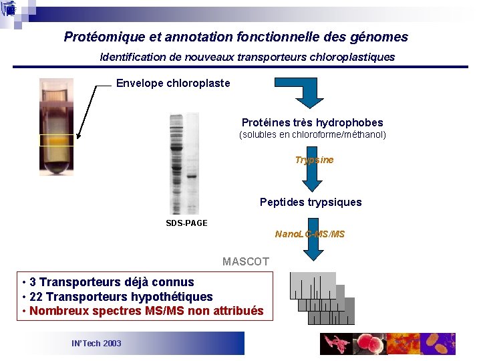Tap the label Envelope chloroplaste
tap(173, 84)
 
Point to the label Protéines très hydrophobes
tap(312, 123)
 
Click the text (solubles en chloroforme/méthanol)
tap(313, 135)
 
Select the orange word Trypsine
tap(314, 160)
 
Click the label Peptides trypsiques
tap(311, 202)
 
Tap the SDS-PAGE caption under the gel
tap(186, 223)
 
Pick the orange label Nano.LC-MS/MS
tap(310, 234)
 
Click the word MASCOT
tap(246, 261)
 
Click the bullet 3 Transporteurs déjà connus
tap(111, 282)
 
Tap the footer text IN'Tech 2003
tap(96, 343)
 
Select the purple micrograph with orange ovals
tap(438, 344)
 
